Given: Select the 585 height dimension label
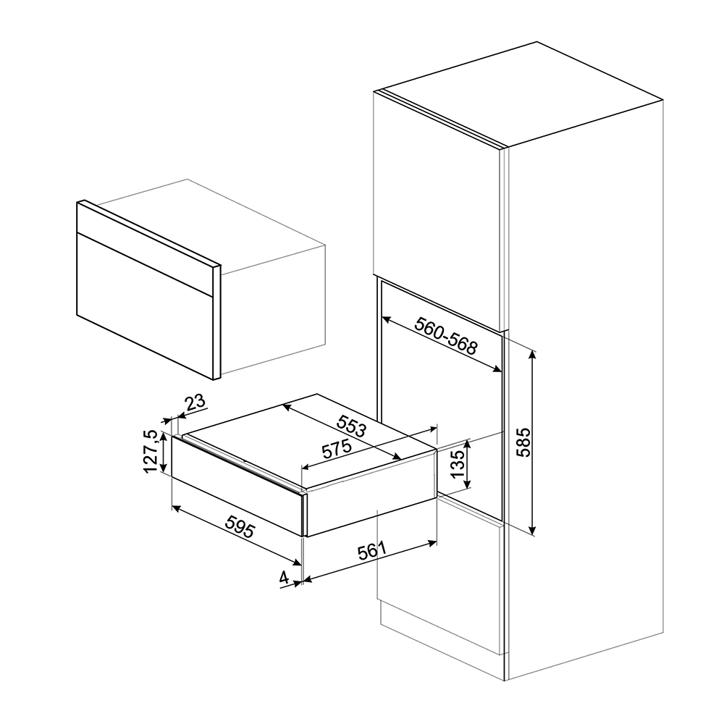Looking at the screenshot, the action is tap(523, 442).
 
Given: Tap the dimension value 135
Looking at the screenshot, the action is tap(457, 463).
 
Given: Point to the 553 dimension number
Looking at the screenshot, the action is tap(351, 426).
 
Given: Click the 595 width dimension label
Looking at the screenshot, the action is tap(240, 526).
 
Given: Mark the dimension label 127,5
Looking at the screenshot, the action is tap(152, 451).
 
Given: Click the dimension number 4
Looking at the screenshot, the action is tap(285, 577).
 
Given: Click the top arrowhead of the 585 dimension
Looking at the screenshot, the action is tap(532, 356).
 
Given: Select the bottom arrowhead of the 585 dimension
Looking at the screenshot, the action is tap(532, 530).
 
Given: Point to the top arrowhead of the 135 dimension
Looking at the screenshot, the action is tap(468, 445).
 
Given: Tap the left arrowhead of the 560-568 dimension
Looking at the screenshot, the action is tap(387, 319).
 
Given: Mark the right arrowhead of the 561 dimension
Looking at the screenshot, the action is tap(433, 542).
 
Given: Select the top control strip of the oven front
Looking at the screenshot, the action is tap(146, 242).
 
